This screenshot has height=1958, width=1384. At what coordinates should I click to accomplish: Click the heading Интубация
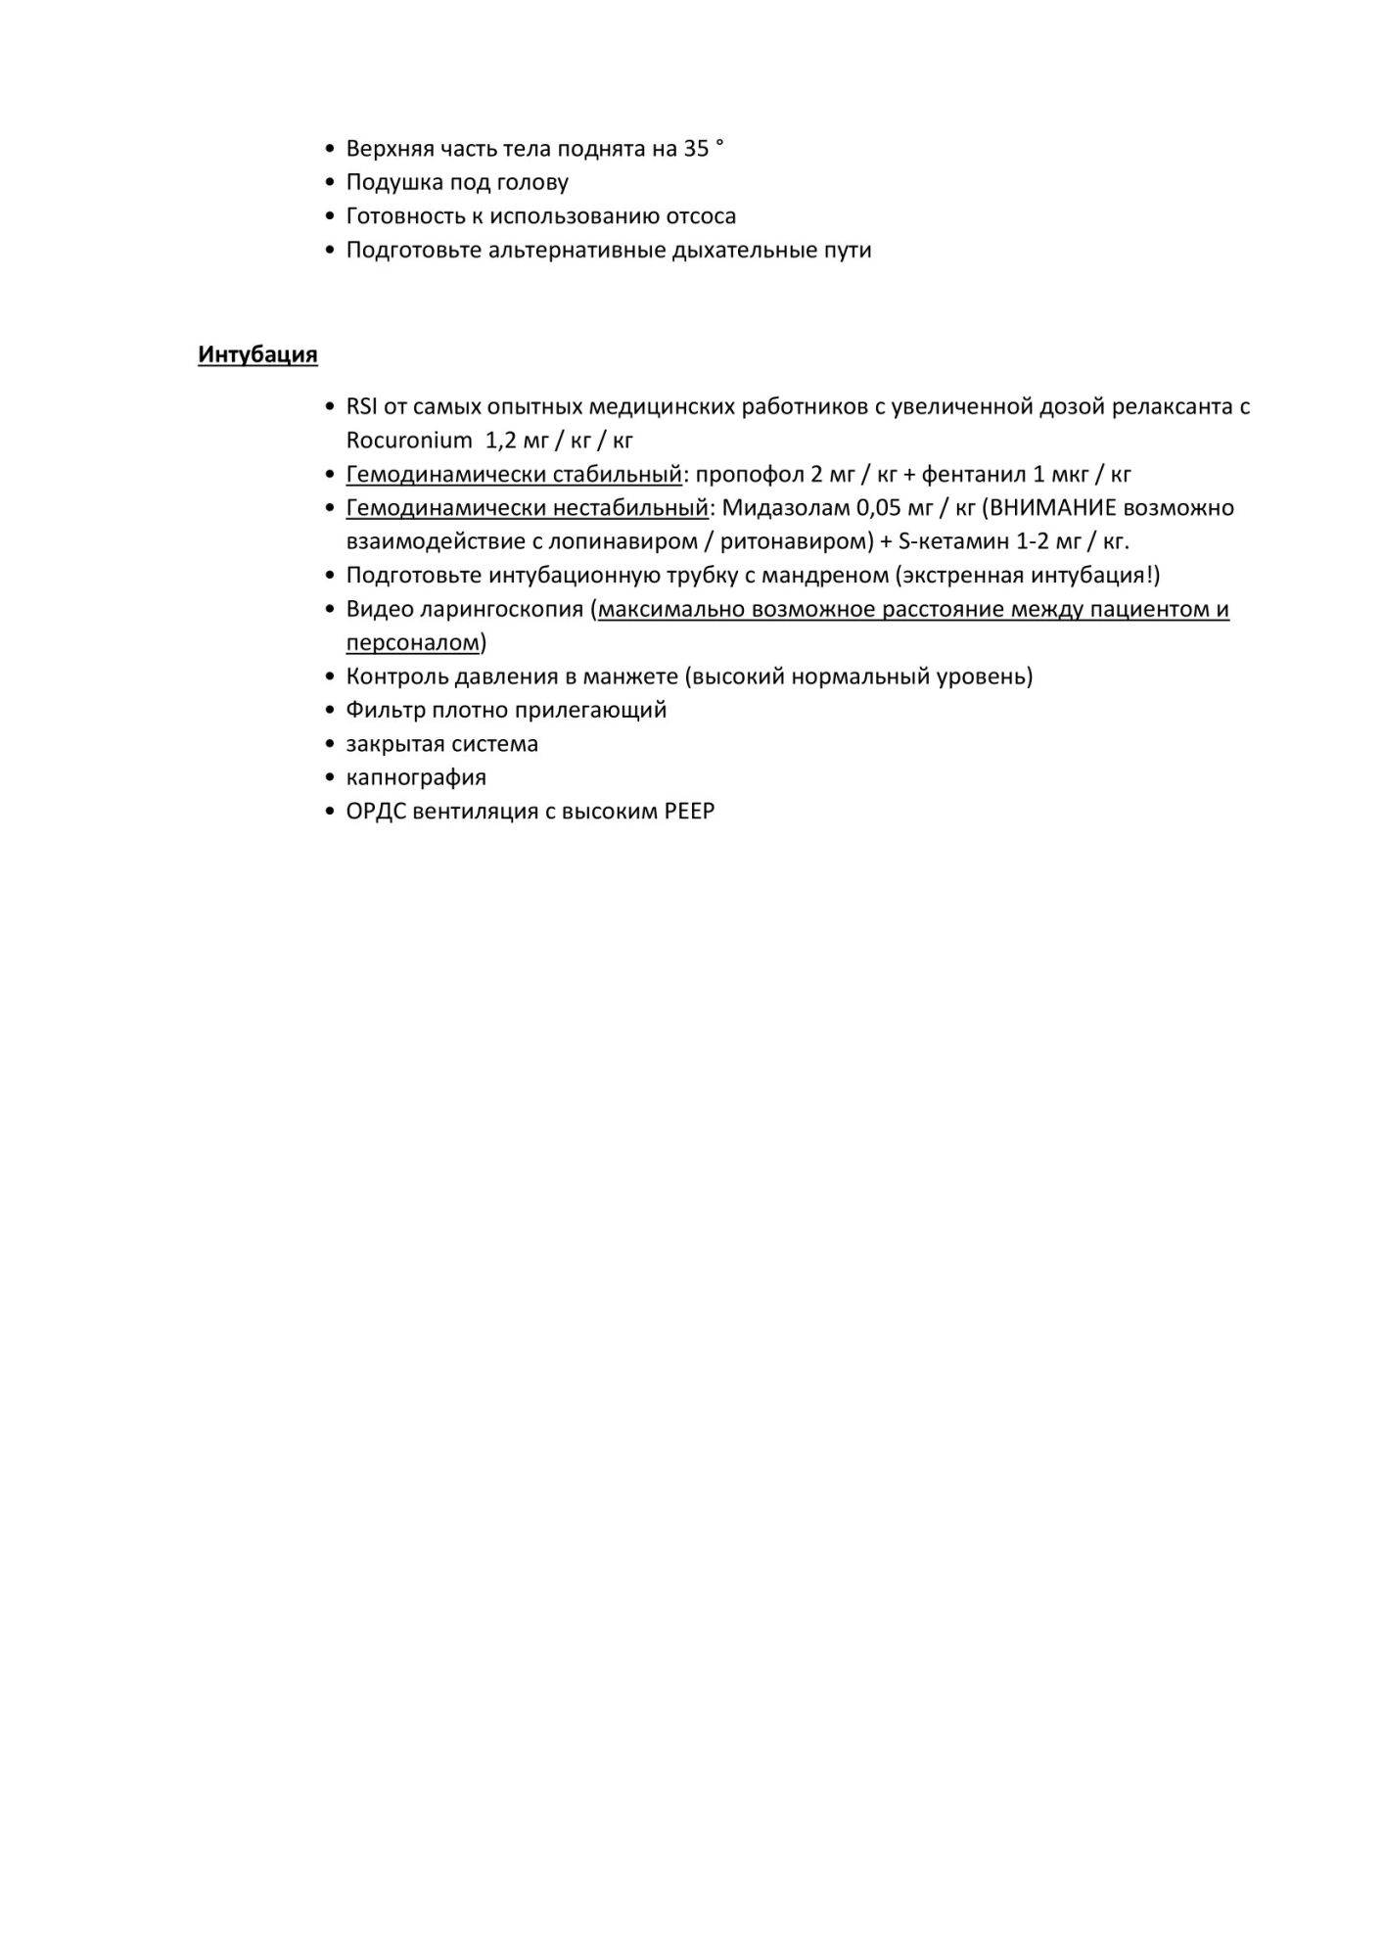click(x=257, y=354)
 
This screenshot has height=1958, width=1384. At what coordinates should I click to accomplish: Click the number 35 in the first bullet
click(x=696, y=149)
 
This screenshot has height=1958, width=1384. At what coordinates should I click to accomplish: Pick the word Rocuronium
click(x=408, y=441)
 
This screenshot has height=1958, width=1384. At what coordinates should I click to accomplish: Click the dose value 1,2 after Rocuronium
click(x=501, y=441)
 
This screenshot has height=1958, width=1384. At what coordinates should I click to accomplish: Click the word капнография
click(x=416, y=777)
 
